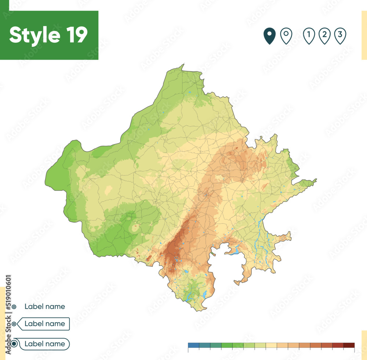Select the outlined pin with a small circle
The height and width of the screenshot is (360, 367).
pos(286,36)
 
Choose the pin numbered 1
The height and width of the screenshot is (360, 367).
pos(309,36)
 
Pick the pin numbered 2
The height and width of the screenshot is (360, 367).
pos(324,36)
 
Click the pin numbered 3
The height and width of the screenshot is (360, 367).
pos(340,36)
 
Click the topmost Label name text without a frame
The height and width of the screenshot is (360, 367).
pos(45,306)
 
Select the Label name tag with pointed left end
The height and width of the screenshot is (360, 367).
pos(45,324)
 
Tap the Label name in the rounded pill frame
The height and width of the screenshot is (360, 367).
pos(45,344)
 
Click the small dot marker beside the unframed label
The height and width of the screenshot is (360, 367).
pos(14,306)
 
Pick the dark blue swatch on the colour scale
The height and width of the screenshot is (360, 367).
pos(193,345)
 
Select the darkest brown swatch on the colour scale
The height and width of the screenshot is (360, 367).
pos(349,345)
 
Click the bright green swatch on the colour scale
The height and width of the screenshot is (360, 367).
pos(227,345)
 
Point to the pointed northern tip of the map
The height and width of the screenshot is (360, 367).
pos(182,65)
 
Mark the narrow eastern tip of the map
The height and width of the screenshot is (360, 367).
pos(315,180)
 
